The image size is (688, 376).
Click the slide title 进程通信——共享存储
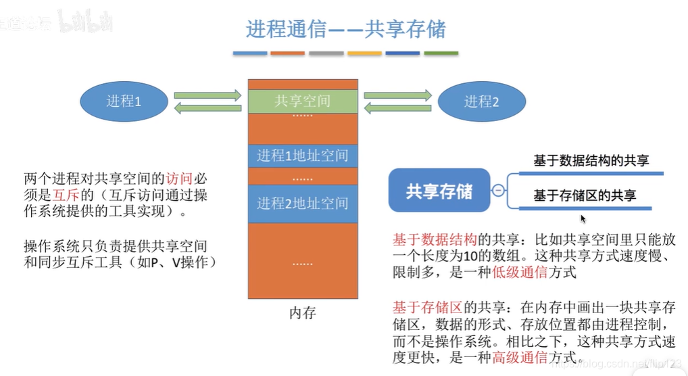coord(345,29)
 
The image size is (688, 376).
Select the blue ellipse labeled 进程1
coord(124,101)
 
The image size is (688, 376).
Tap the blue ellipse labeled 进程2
coord(481,102)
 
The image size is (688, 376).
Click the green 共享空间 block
coord(302,101)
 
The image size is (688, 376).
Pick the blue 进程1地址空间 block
coord(302,156)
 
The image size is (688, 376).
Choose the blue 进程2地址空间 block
coord(302,203)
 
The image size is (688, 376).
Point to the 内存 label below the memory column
coord(302,313)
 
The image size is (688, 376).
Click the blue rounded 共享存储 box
coord(439,191)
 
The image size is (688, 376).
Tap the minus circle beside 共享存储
coord(498,191)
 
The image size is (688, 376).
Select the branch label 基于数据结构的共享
coord(591,161)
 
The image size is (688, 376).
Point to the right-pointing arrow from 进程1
coord(207,95)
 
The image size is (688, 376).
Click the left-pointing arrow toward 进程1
coord(207,108)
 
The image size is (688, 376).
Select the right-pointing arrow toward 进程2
coord(398,95)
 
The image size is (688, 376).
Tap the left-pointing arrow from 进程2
coord(398,108)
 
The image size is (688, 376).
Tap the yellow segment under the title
coord(364,53)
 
